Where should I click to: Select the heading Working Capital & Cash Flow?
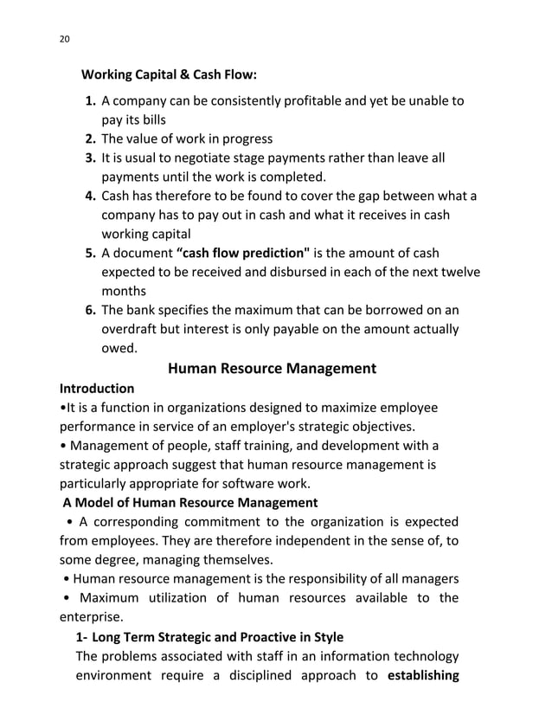click(x=169, y=74)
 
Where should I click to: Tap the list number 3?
click(x=90, y=158)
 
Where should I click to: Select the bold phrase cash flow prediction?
click(x=244, y=253)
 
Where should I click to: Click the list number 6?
click(x=90, y=310)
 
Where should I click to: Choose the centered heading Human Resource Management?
click(x=272, y=368)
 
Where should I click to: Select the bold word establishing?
click(x=423, y=675)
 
